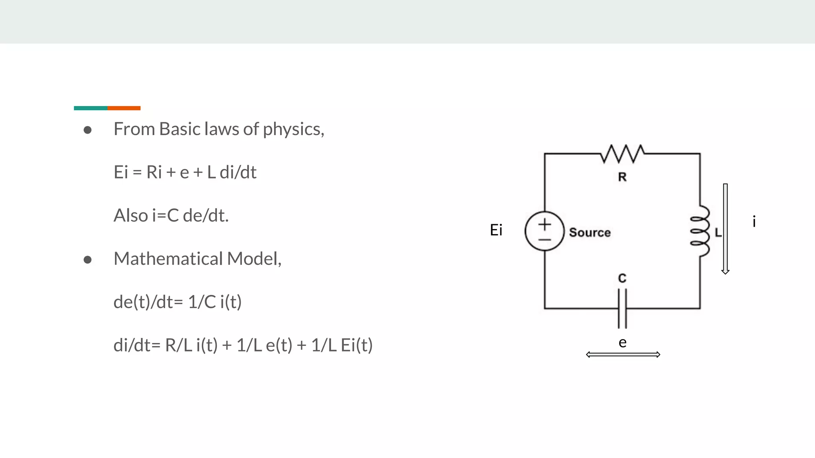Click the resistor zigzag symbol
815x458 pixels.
click(622, 154)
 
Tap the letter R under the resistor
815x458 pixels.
click(622, 177)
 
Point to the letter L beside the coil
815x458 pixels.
click(718, 233)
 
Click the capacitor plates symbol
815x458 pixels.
click(622, 309)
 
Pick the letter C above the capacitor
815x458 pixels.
click(622, 278)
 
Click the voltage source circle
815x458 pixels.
click(544, 231)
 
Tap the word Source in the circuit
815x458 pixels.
click(590, 233)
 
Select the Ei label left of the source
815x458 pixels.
click(496, 230)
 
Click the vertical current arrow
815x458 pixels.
click(725, 229)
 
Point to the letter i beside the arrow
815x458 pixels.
click(754, 221)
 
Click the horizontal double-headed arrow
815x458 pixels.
click(623, 355)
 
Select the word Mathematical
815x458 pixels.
click(168, 259)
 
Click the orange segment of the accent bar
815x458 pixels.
click(124, 108)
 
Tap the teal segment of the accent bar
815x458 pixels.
click(90, 108)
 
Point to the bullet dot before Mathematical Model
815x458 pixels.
click(88, 260)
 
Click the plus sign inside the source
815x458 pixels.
click(544, 225)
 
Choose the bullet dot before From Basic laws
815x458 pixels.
click(88, 130)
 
